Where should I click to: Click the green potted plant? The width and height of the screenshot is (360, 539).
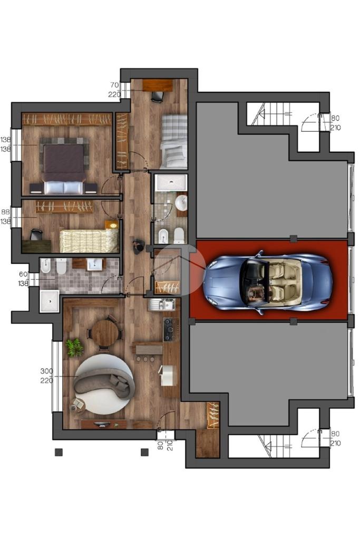75,347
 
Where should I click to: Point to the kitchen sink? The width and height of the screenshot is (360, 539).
162,304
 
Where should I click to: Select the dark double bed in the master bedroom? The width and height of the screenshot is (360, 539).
64,165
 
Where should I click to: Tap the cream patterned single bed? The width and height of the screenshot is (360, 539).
89,241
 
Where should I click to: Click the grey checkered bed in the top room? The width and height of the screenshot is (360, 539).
174,141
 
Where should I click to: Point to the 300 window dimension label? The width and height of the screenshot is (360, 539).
47,371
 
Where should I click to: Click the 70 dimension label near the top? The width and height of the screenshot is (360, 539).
114,84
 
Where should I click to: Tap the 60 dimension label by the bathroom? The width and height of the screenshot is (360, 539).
23,274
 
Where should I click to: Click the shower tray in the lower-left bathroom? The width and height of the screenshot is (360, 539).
49,301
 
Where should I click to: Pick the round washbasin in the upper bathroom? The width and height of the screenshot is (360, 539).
181,203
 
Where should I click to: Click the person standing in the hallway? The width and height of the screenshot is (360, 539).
138,246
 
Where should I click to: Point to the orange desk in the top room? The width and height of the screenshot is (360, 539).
158,85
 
